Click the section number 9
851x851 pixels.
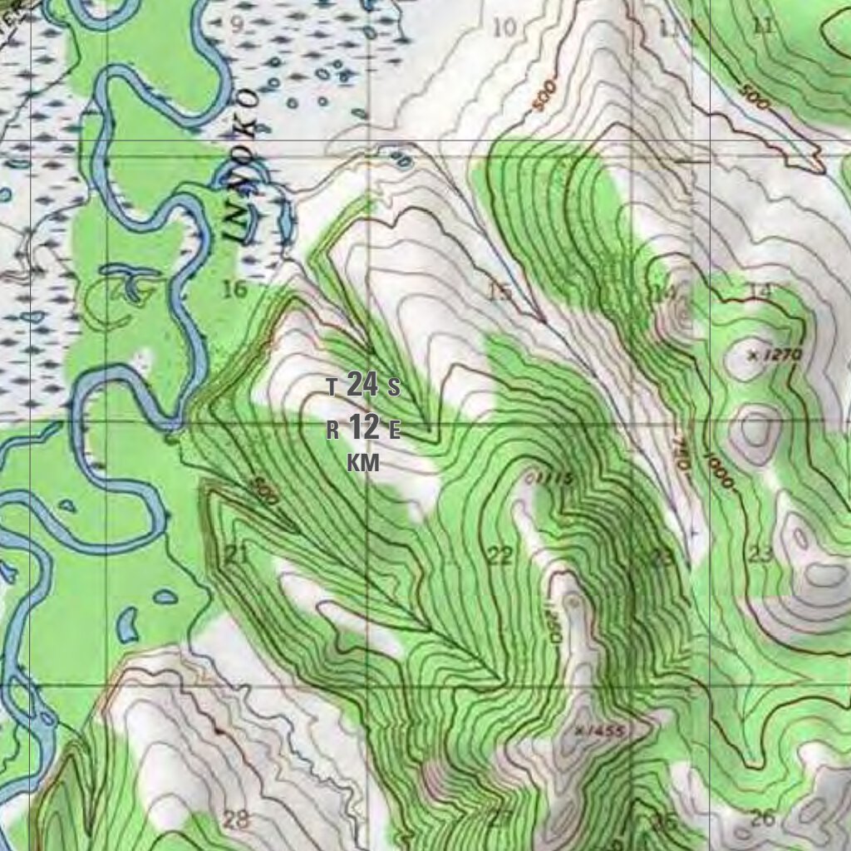pyautogui.click(x=237, y=25)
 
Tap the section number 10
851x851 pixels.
pyautogui.click(x=504, y=27)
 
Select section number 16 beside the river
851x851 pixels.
pyautogui.click(x=235, y=289)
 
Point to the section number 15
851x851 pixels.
pyautogui.click(x=499, y=292)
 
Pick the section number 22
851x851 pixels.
pyautogui.click(x=499, y=556)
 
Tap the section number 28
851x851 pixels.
pyautogui.click(x=236, y=819)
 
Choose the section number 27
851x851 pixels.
pyautogui.click(x=499, y=818)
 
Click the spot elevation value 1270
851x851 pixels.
pyautogui.click(x=780, y=356)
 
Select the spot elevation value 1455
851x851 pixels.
pyautogui.click(x=603, y=730)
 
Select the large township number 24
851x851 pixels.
pyautogui.click(x=362, y=385)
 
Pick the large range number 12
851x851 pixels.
pyautogui.click(x=363, y=428)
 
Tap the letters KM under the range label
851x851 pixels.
pyautogui.click(x=363, y=464)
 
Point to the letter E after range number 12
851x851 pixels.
pyautogui.click(x=395, y=430)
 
